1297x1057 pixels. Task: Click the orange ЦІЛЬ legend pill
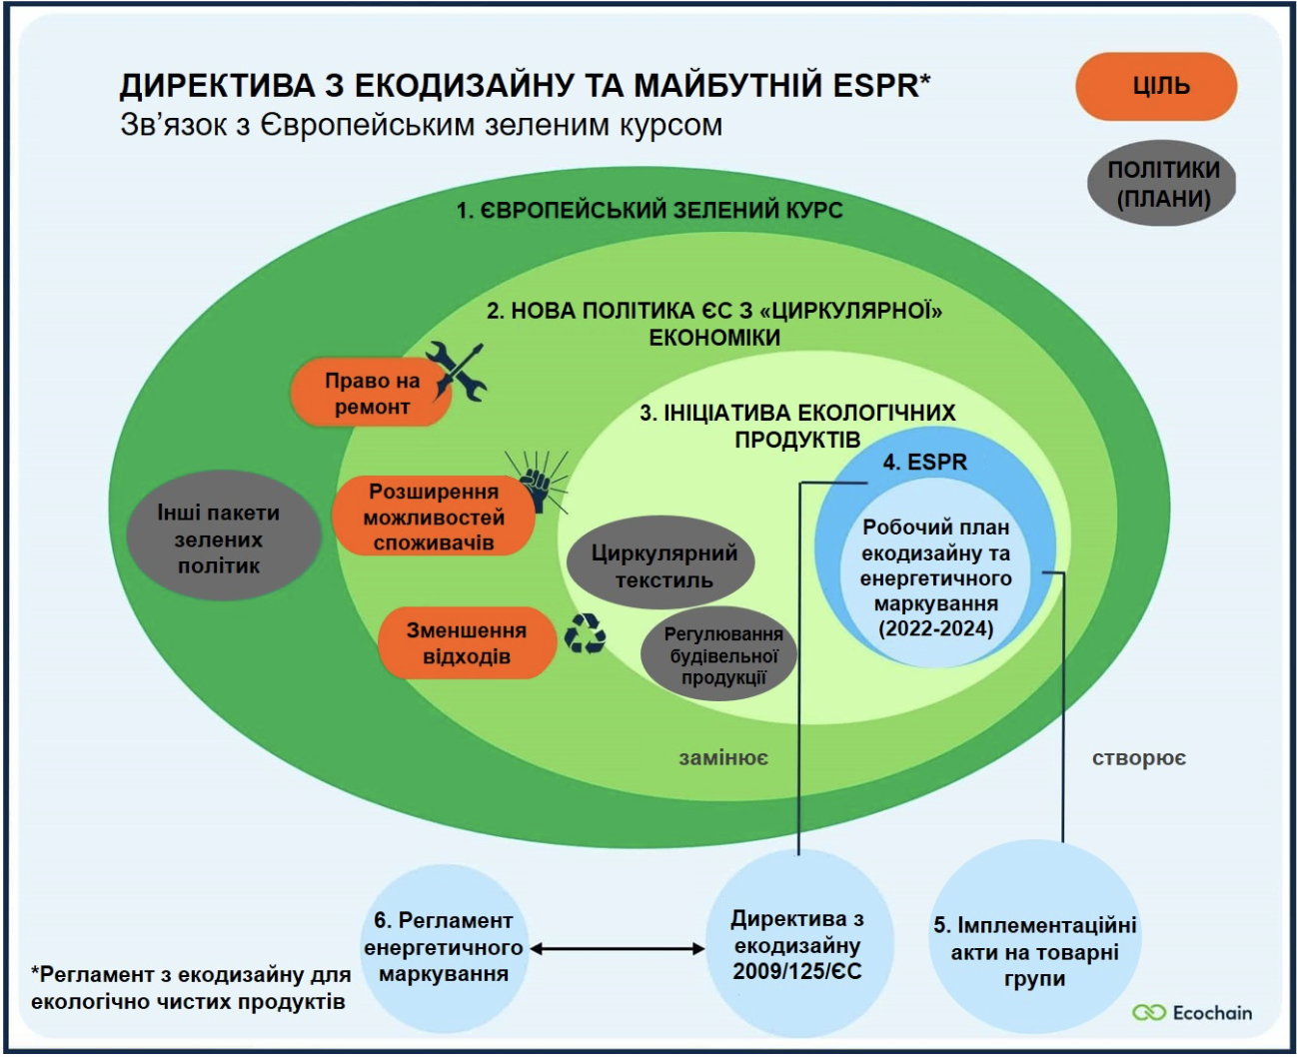tap(1156, 86)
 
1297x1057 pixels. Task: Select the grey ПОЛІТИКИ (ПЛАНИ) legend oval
tap(1162, 184)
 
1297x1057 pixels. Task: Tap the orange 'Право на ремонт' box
tap(371, 394)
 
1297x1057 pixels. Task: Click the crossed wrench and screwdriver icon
tap(457, 370)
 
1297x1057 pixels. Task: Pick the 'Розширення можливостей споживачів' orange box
tap(433, 518)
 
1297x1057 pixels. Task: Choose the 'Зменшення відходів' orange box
tap(466, 643)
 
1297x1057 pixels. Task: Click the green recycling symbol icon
tap(585, 633)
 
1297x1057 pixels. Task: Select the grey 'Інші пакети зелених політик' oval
tap(218, 538)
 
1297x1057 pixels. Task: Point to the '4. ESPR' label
tap(924, 463)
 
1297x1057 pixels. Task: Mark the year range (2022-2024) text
tap(936, 629)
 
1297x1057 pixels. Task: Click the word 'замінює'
tap(723, 758)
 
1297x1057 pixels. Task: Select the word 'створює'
tap(1138, 758)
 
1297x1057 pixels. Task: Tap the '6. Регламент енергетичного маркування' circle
tap(443, 947)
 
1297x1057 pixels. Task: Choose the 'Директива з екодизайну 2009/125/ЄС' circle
tap(796, 945)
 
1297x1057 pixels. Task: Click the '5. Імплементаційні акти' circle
tap(1034, 951)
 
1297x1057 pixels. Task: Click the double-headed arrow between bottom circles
tap(617, 948)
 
